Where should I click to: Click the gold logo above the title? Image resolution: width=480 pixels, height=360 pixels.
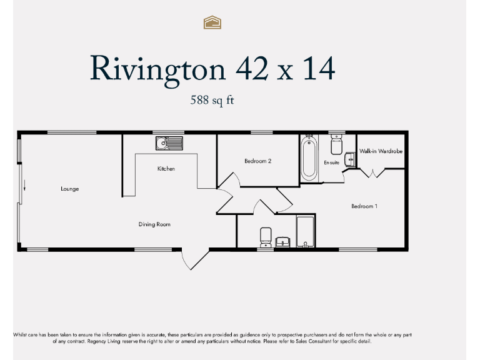click(x=213, y=23)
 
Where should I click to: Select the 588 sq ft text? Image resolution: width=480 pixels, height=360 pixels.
click(x=212, y=99)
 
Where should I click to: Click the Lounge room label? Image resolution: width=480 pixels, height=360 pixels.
click(x=70, y=189)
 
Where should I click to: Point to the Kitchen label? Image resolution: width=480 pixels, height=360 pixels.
click(x=166, y=169)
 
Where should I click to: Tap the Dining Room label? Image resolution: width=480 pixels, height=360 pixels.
click(x=154, y=224)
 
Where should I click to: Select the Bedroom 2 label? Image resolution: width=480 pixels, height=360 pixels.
click(x=257, y=161)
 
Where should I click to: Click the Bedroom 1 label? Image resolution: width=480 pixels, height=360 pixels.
click(x=364, y=206)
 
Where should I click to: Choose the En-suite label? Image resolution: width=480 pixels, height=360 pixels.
click(x=331, y=162)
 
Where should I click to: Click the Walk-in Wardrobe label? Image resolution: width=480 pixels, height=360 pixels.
click(x=381, y=151)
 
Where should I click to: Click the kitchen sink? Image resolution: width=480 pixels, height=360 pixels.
click(x=169, y=143)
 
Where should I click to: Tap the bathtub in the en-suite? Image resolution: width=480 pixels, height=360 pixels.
click(x=309, y=159)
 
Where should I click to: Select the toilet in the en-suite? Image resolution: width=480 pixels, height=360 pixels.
click(x=336, y=145)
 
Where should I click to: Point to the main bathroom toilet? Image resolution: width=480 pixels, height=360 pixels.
click(x=266, y=237)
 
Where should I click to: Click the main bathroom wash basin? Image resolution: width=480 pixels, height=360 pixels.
click(x=283, y=242)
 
